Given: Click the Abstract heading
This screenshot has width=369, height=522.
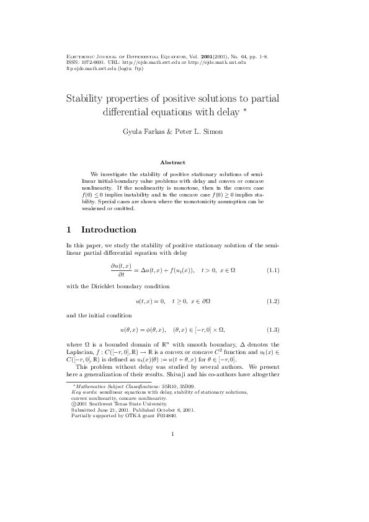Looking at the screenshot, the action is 172,162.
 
